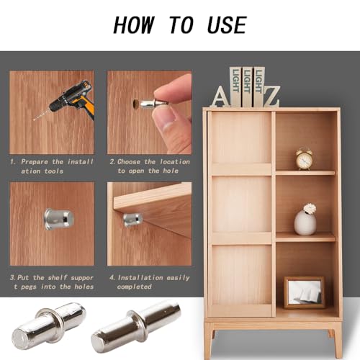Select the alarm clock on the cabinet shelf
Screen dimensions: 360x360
(304, 159)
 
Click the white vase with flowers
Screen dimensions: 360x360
(305, 220)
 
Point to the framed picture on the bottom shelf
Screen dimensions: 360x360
(304, 292)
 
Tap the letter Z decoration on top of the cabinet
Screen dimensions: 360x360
(271, 95)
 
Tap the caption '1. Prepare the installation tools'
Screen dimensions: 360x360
(51, 166)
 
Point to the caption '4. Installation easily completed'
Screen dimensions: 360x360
(149, 282)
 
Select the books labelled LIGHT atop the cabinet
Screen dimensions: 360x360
(247, 86)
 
